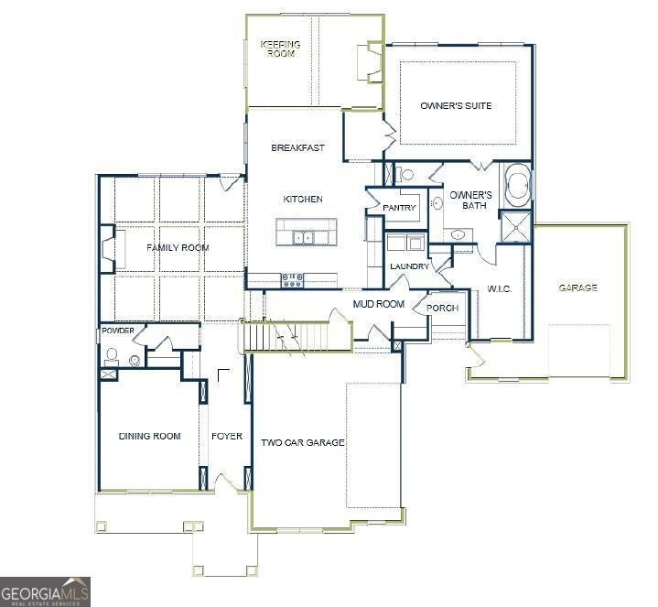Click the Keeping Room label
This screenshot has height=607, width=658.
pos(281,49)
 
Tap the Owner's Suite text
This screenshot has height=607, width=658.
pos(456,106)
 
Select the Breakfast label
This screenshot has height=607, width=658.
pos(297,147)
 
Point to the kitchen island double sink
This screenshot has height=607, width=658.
pos(303,238)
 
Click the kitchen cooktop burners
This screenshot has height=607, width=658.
pos(292,280)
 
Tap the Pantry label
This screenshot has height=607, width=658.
pos(399,208)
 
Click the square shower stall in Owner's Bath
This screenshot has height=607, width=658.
pos(516,227)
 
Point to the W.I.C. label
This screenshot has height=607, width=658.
pos(499,288)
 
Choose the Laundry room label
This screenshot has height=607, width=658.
pos(410,266)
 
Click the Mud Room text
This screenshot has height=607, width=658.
pos(379,304)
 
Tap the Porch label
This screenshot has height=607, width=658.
pos(442,309)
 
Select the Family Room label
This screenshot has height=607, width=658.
pos(178,248)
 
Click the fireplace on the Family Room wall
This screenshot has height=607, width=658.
pos(108,250)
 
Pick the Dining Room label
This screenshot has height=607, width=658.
pos(150,436)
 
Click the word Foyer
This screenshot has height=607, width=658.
pos(227,436)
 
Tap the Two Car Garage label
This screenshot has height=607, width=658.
pos(303,442)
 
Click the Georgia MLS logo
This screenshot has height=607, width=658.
pos(45,591)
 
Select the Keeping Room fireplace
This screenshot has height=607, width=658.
pos(370,62)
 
